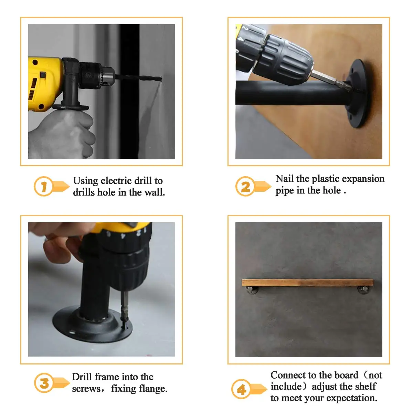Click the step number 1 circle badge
click(x=43, y=187)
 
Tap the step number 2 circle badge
click(x=245, y=187)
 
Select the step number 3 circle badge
click(x=44, y=383)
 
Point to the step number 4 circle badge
click(x=241, y=389)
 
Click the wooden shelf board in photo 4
click(x=307, y=283)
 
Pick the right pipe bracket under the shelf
click(x=363, y=290)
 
